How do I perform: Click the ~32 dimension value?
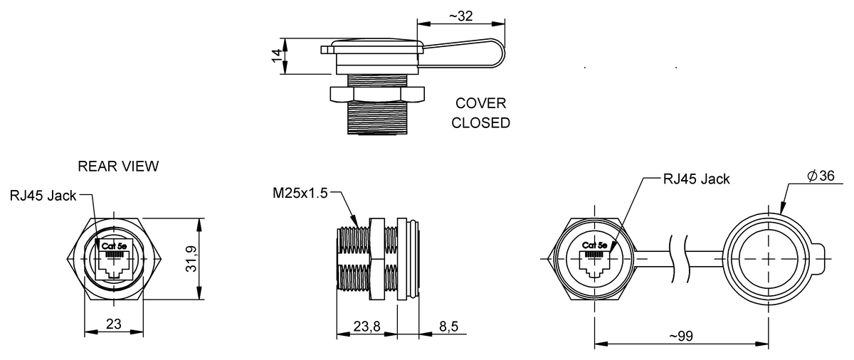click(461, 16)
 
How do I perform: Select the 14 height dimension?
click(278, 56)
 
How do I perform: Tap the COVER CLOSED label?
click(480, 113)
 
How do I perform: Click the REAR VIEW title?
click(118, 166)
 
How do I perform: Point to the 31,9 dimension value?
click(191, 259)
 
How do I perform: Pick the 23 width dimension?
click(114, 324)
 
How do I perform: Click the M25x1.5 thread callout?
click(300, 193)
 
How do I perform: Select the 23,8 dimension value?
click(367, 327)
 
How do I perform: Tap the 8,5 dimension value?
click(449, 327)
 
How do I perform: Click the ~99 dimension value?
click(681, 337)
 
